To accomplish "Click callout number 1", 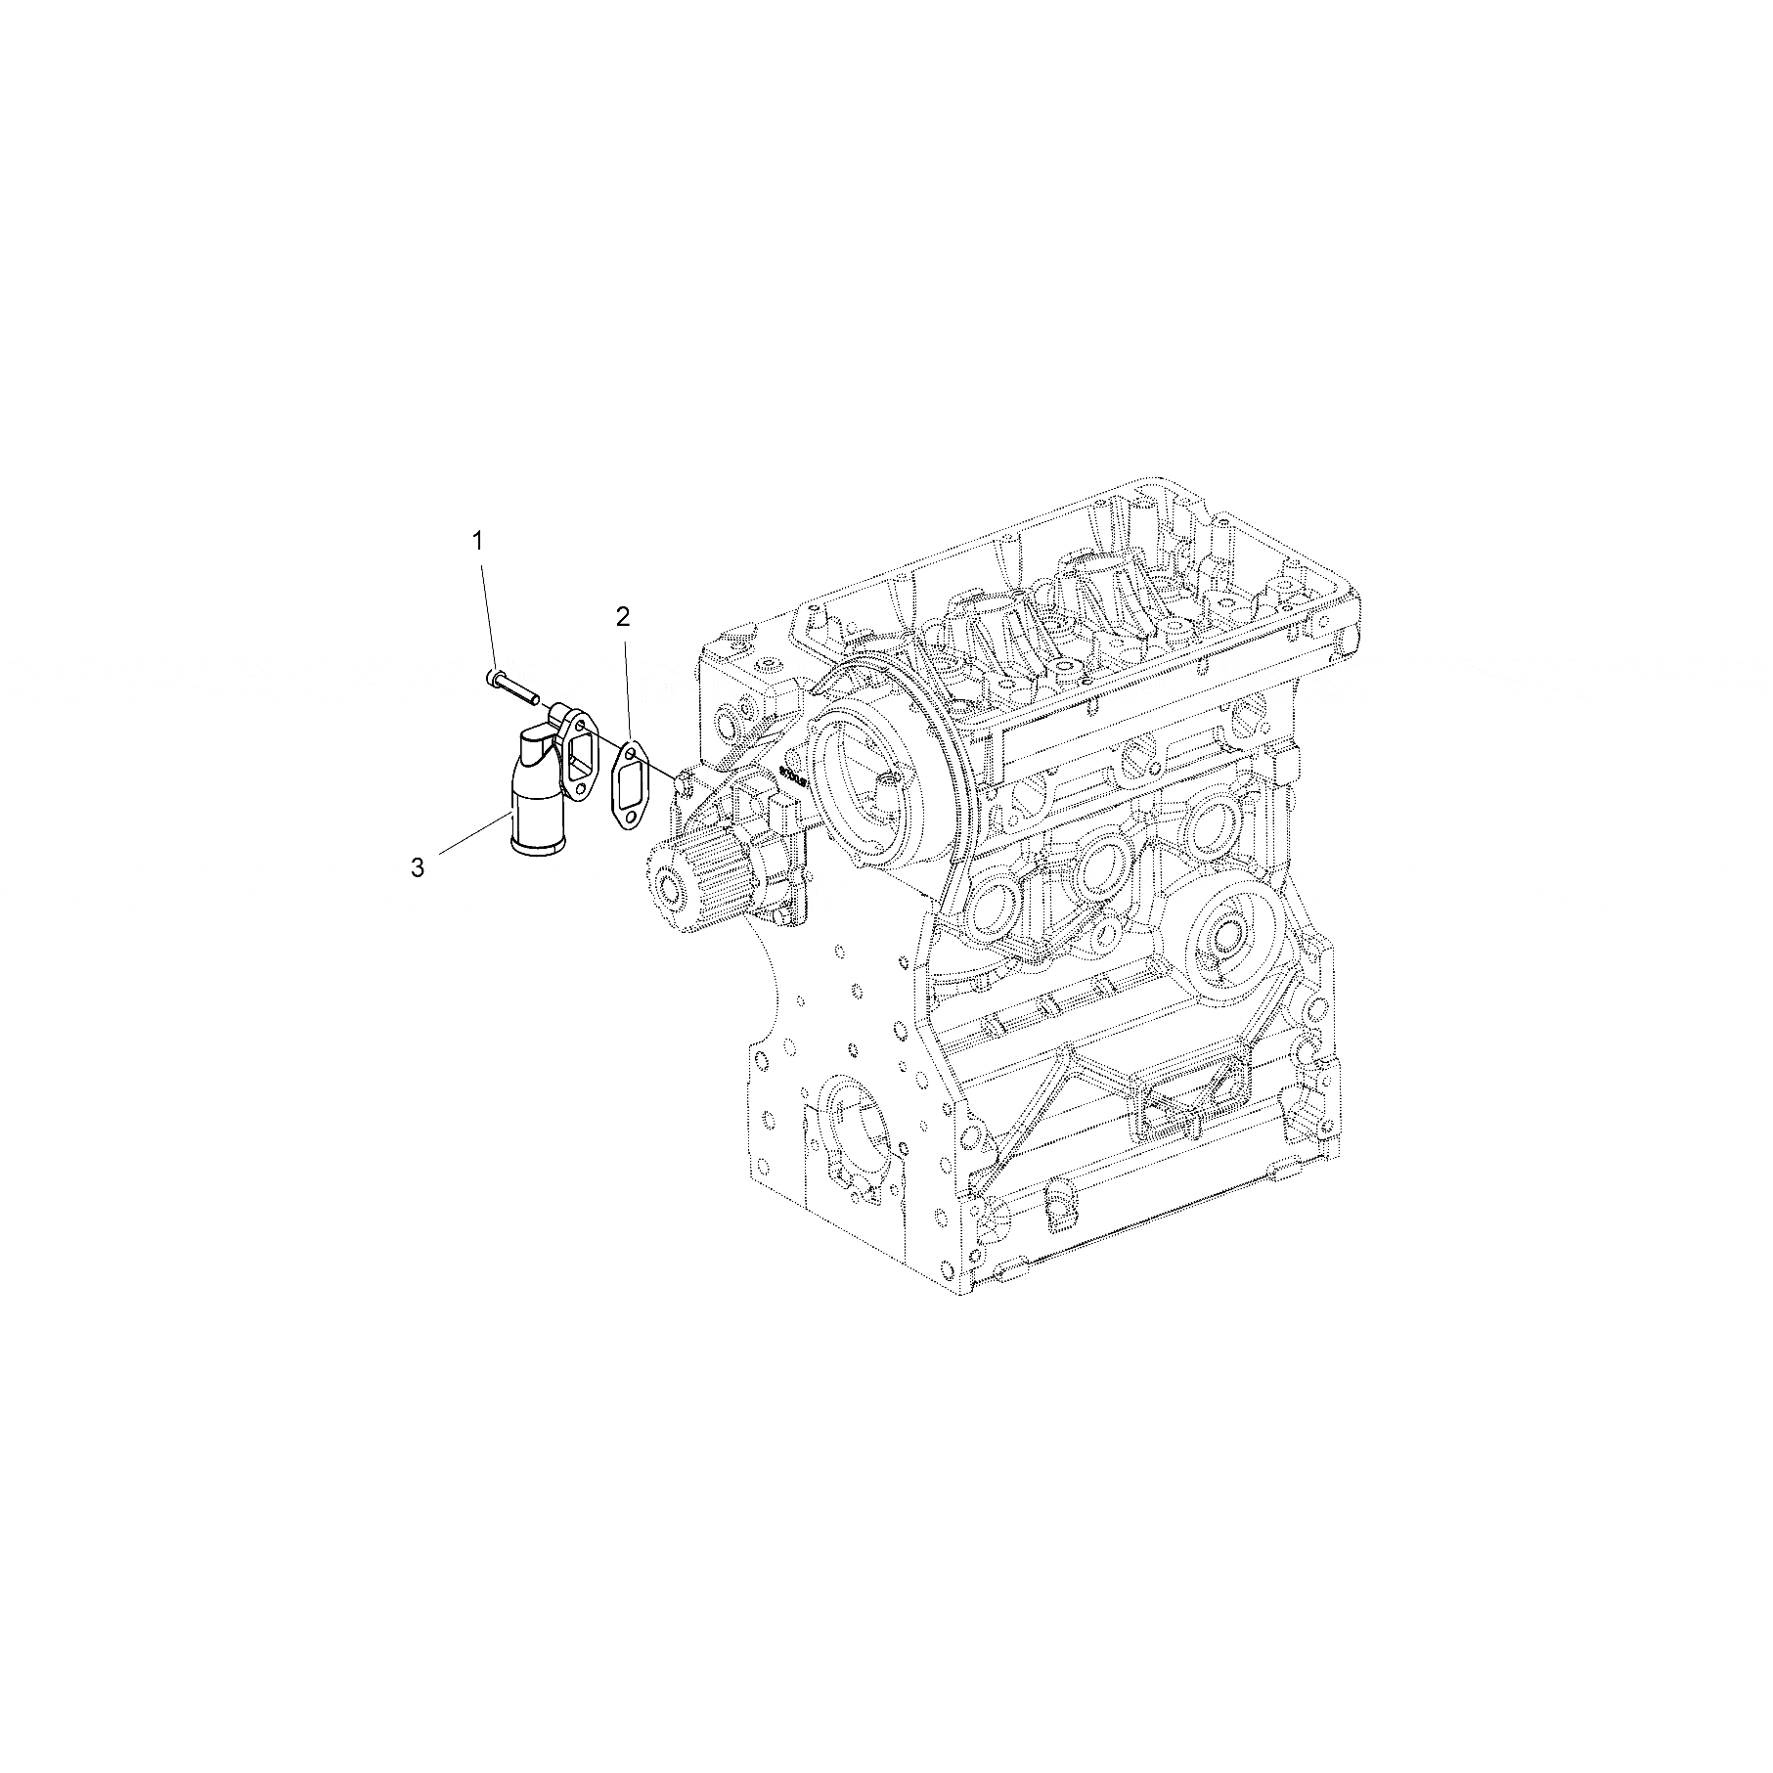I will [478, 540].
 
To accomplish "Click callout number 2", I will [623, 616].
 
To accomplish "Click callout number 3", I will [418, 867].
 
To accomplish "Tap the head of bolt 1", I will [492, 677].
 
